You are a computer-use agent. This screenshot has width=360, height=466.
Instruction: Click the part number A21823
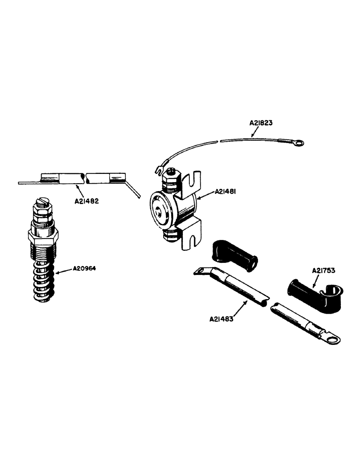coord(261,123)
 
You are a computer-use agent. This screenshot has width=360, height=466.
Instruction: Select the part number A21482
coord(87,202)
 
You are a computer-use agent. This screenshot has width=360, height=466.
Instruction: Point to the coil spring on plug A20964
coord(42,280)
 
